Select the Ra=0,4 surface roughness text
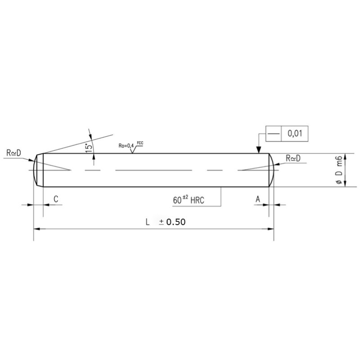[x=126, y=145]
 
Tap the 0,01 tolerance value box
[x=295, y=133]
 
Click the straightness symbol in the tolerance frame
[x=274, y=133]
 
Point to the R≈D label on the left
[x=13, y=153]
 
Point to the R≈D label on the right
[x=293, y=158]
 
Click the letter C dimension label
[x=56, y=199]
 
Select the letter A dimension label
[x=258, y=199]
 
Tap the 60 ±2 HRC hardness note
[x=189, y=200]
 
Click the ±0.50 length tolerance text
[x=172, y=222]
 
